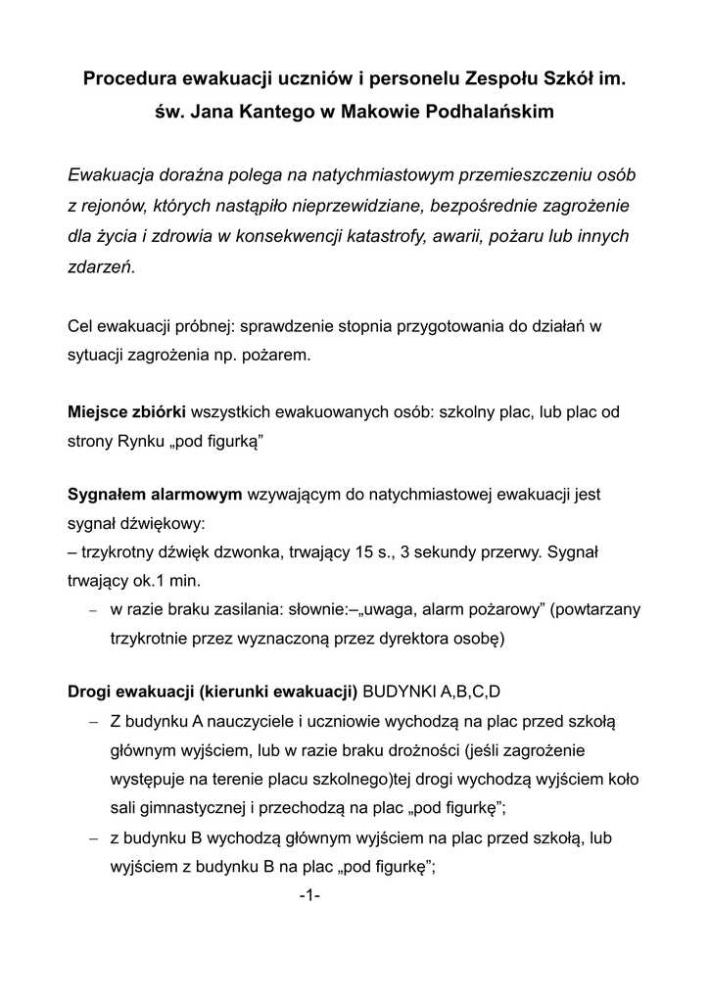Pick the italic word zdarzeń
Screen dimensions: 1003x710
pyautogui.click(x=102, y=266)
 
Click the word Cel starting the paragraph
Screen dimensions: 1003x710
pyautogui.click(x=81, y=324)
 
